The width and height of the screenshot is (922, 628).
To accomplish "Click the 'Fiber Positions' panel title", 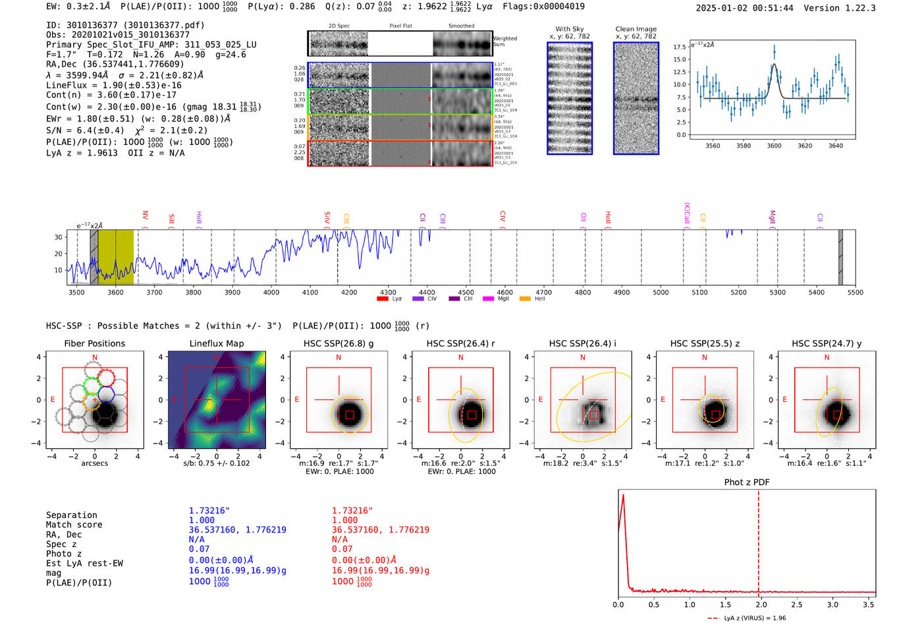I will [x=94, y=343].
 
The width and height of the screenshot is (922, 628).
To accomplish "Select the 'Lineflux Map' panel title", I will [x=217, y=343].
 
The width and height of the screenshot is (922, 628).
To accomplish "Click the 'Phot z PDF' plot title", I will [x=747, y=482].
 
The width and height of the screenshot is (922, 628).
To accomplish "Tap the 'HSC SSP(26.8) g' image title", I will [x=339, y=343].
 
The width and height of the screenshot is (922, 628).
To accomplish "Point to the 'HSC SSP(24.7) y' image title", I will [x=827, y=343].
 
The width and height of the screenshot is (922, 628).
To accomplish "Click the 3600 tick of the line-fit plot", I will [x=774, y=146].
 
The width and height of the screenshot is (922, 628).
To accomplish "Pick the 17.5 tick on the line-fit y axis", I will [x=680, y=47].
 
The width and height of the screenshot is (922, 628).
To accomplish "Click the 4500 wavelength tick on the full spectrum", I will [x=466, y=292].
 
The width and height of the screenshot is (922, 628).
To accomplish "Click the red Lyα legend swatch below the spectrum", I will [x=383, y=299].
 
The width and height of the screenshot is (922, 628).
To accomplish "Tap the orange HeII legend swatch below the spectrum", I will [x=525, y=299].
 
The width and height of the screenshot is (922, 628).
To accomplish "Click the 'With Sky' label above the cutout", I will [x=570, y=29].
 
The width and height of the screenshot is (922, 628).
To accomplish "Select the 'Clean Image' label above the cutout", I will [x=636, y=29].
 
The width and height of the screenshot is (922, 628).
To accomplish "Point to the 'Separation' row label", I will [x=72, y=515].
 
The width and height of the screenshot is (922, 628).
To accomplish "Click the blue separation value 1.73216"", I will [x=209, y=511].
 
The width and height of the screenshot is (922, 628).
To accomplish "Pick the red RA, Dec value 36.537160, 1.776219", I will [x=381, y=530].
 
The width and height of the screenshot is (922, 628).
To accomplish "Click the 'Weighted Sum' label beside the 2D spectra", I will [x=505, y=42].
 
